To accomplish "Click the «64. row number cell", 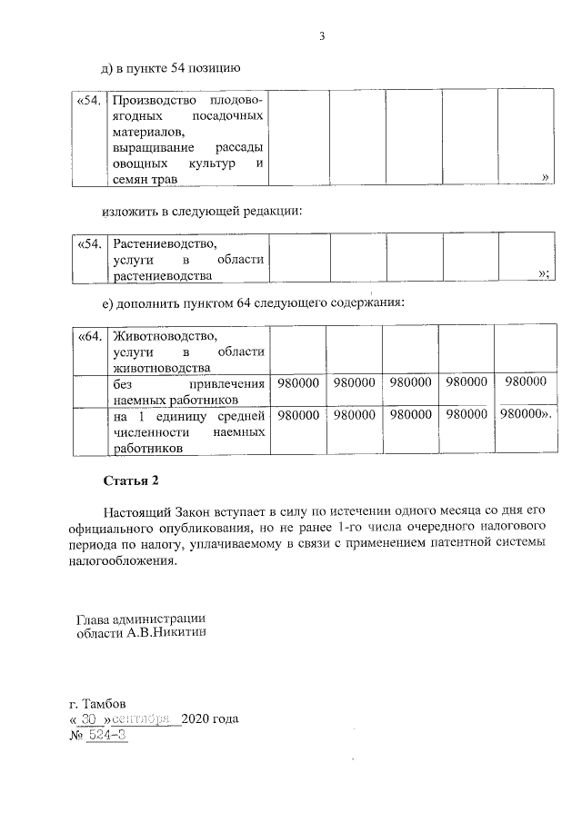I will click(x=89, y=336).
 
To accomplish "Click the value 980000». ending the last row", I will click(x=527, y=415).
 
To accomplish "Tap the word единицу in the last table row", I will click(x=183, y=416).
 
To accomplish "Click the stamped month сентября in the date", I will click(x=148, y=719).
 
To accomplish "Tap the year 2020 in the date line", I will click(x=196, y=719).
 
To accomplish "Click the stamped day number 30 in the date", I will click(x=88, y=719).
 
